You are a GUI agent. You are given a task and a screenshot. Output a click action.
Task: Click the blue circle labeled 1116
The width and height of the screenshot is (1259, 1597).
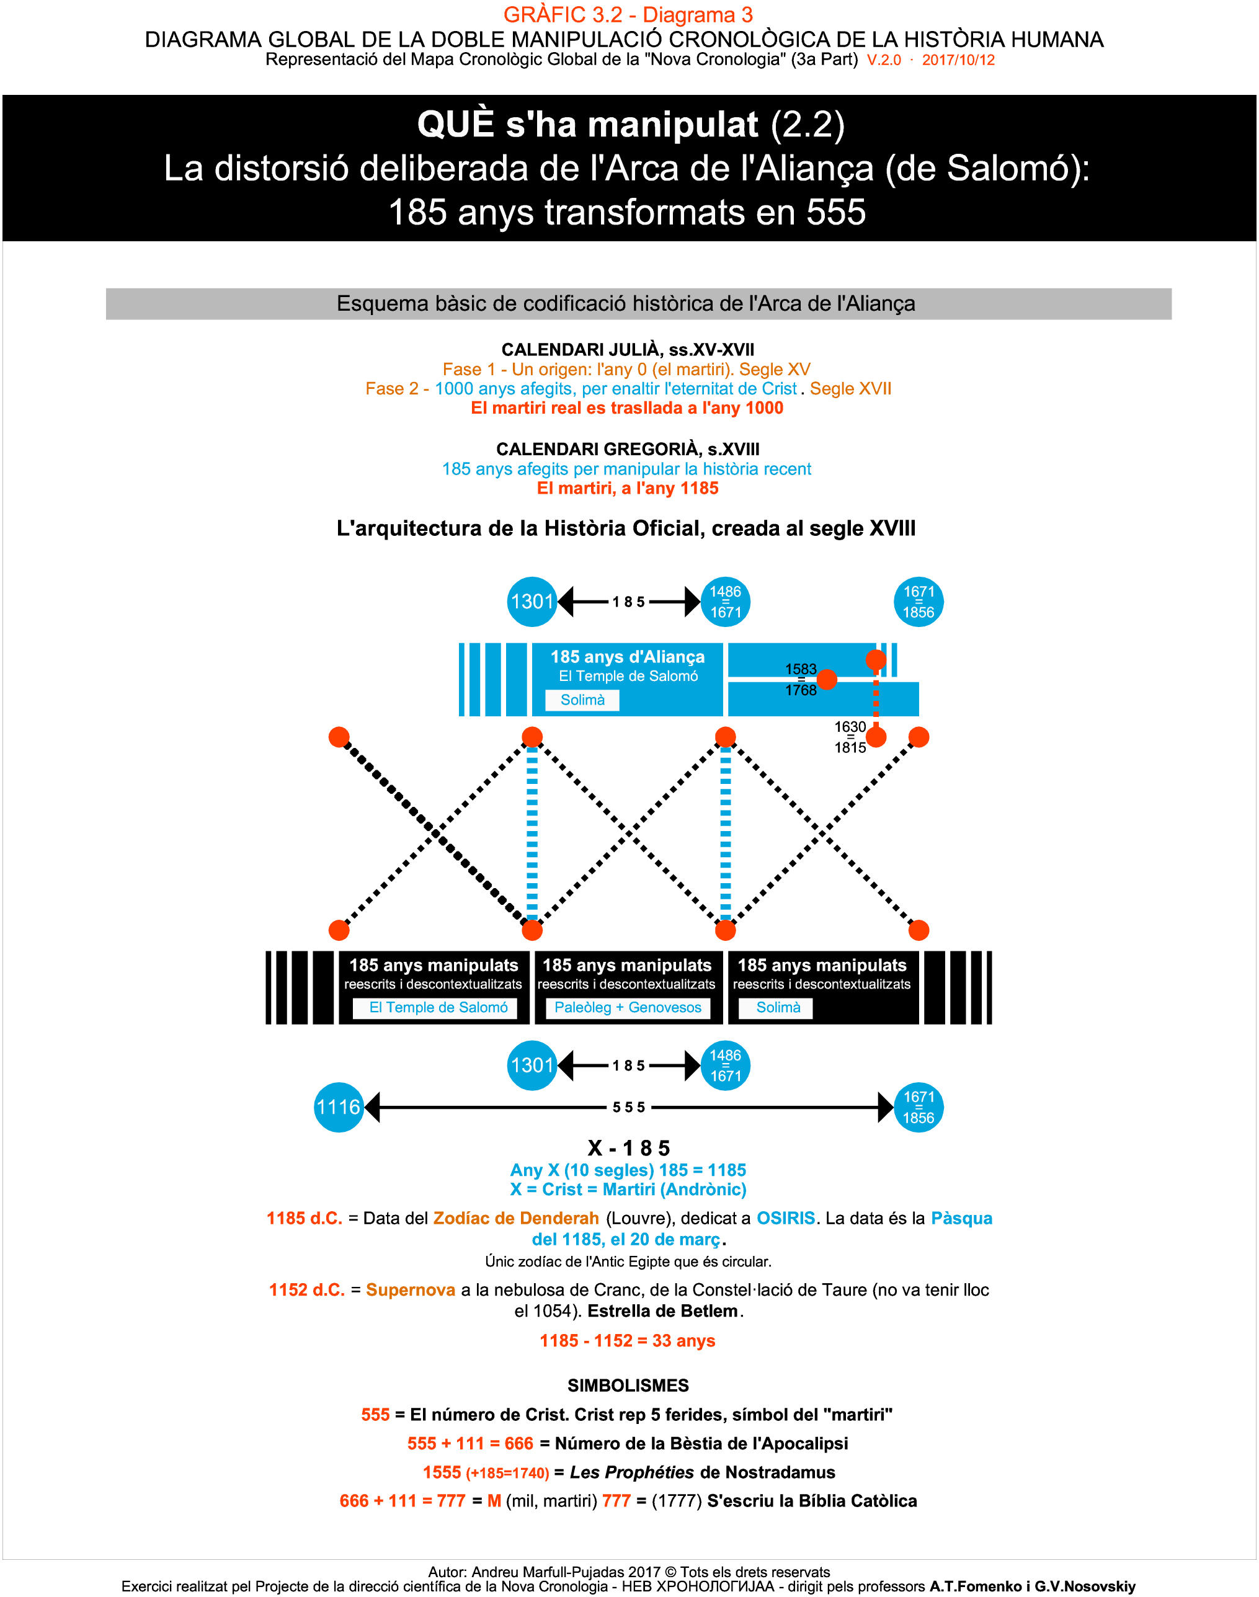(x=339, y=1107)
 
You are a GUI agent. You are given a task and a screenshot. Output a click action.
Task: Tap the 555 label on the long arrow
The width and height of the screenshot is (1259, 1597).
(x=629, y=1107)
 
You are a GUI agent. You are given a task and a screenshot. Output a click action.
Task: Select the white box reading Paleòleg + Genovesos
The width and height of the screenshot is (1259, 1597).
(x=628, y=1007)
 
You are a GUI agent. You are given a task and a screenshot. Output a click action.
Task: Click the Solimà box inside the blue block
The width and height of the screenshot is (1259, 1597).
(x=582, y=700)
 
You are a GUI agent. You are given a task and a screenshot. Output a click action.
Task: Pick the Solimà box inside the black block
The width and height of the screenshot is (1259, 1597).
(x=778, y=1007)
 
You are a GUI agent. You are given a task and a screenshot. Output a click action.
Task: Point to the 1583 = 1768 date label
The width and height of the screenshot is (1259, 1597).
(x=801, y=680)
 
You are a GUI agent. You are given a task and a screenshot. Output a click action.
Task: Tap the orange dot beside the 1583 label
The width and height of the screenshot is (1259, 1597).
(x=827, y=680)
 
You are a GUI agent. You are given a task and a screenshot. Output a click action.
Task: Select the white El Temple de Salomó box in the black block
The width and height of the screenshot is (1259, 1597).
(x=438, y=1007)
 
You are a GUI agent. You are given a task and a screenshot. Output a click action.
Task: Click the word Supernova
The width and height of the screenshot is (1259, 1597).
(x=411, y=1289)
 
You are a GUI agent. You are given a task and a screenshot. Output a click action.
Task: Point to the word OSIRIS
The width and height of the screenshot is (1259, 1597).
(x=786, y=1218)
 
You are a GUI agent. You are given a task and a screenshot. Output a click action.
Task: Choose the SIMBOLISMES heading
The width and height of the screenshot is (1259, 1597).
(x=628, y=1386)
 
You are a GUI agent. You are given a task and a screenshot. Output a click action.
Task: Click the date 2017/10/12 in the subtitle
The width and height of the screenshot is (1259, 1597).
(x=958, y=60)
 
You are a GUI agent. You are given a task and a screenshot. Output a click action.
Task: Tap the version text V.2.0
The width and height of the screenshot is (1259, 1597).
(x=884, y=60)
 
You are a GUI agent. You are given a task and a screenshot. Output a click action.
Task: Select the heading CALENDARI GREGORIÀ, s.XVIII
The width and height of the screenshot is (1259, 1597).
(x=628, y=449)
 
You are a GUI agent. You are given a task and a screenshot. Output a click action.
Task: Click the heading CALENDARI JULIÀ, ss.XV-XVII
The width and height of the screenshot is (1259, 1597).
(x=628, y=349)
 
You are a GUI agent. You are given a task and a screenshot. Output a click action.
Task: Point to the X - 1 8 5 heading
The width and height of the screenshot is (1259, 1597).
(x=629, y=1147)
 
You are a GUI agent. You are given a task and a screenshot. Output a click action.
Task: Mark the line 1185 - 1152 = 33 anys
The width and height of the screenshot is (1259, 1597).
(x=627, y=1340)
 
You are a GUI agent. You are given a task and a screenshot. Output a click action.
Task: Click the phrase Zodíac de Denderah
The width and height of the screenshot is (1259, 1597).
(x=516, y=1218)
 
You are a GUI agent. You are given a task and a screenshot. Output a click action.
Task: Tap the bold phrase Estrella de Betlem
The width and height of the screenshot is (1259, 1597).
(x=662, y=1311)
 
